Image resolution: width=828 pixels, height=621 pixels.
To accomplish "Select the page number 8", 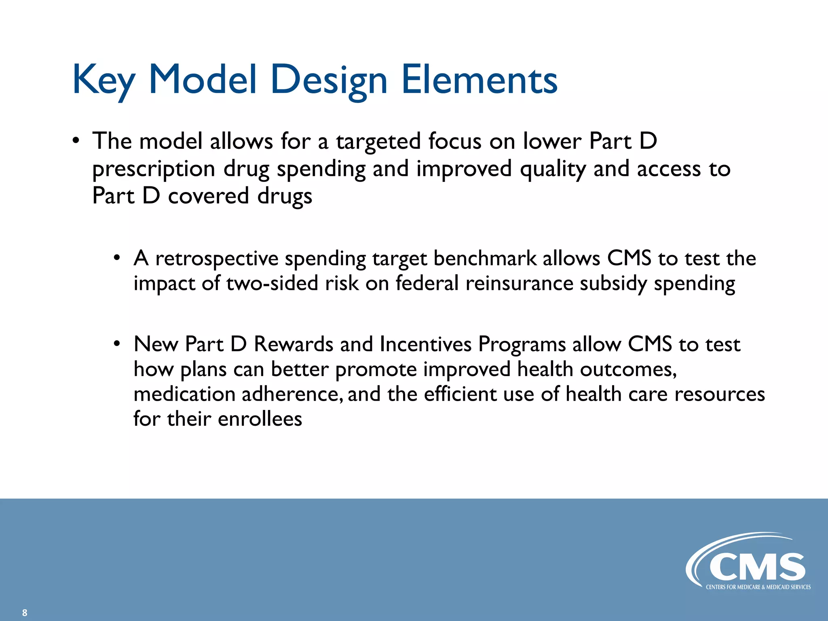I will [25, 613].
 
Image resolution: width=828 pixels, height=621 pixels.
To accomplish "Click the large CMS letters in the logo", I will [757, 567].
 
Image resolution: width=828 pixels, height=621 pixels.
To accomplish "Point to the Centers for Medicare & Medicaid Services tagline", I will [758, 587].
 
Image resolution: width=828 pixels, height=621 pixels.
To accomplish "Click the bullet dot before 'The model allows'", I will [76, 141].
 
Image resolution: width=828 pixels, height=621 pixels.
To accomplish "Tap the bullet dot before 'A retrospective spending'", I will [117, 258].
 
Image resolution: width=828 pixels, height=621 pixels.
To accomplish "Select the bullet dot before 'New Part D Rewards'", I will [117, 344].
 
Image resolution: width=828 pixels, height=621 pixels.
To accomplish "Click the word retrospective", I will [217, 259].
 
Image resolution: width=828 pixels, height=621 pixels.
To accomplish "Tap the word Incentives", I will [426, 344].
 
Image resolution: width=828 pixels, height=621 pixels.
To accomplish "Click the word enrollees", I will [260, 419].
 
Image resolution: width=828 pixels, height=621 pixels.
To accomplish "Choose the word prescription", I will [154, 169].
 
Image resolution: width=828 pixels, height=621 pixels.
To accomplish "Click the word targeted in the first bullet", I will [378, 142].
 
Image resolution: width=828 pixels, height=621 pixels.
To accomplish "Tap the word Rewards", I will [294, 344].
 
